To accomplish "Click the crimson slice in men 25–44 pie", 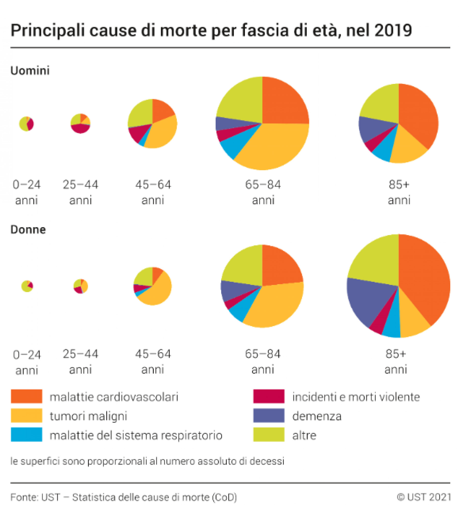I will (80, 128).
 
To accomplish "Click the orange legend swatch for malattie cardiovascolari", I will (27, 396).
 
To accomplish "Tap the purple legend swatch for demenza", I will (268, 415).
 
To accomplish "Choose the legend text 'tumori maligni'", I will (88, 416).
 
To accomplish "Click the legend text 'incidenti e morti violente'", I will (356, 397).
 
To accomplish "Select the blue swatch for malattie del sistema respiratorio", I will (27, 434).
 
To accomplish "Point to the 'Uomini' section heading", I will (30, 71).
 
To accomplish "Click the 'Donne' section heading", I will (28, 230).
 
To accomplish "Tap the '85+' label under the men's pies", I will (399, 184).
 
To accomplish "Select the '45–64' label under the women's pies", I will (153, 354).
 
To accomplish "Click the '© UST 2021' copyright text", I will (423, 497).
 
